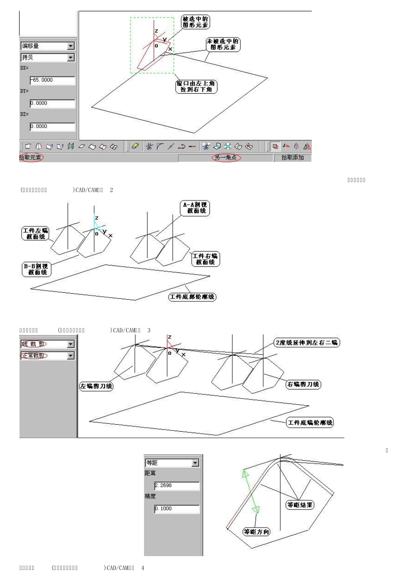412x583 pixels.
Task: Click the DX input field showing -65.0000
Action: [x=52, y=80]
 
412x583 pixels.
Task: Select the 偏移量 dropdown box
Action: [x=47, y=46]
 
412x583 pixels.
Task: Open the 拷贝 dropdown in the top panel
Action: [x=47, y=57]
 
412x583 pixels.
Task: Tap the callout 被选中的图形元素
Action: [x=195, y=22]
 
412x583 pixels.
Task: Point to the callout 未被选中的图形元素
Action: [x=222, y=44]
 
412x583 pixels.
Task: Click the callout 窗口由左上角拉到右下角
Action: [x=196, y=86]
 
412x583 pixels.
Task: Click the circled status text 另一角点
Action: [x=226, y=157]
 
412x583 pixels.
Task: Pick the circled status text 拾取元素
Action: [x=31, y=157]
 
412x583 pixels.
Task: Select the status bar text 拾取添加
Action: [x=292, y=157]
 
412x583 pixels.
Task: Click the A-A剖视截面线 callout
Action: [x=195, y=208]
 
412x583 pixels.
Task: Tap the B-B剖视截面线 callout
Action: [x=37, y=269]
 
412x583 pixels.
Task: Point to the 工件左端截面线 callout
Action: [x=36, y=233]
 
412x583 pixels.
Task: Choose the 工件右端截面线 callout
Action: [x=205, y=259]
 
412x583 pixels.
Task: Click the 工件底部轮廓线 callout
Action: [x=192, y=297]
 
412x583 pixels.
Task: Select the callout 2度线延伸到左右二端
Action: [x=307, y=343]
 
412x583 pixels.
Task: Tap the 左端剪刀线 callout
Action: [x=96, y=386]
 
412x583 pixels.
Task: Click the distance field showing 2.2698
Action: [x=177, y=485]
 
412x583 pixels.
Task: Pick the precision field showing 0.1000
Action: [x=177, y=508]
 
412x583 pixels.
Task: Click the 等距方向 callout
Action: [x=256, y=531]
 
